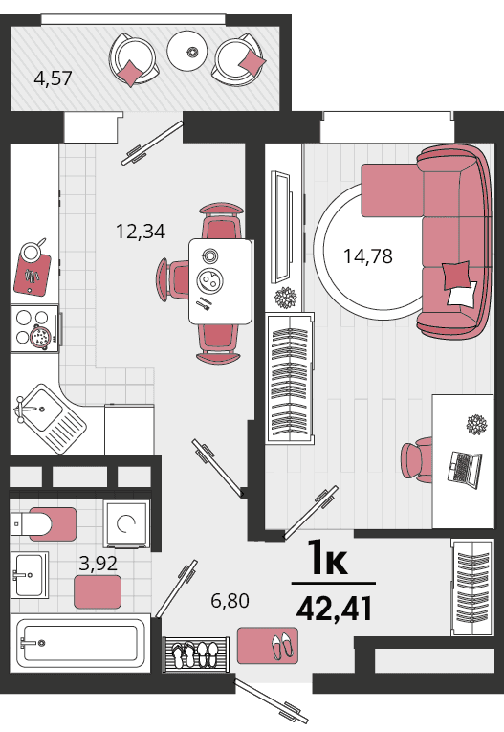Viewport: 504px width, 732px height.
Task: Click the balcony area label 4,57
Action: click(54, 78)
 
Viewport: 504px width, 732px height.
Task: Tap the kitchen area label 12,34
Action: click(140, 232)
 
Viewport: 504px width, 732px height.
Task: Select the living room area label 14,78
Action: click(368, 255)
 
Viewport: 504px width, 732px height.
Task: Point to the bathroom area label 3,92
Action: click(98, 564)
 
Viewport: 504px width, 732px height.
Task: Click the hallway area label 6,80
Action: click(230, 600)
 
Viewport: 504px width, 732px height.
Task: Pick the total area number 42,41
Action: click(335, 609)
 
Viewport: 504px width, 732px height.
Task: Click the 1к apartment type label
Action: click(328, 557)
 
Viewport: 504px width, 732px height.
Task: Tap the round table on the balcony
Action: click(187, 52)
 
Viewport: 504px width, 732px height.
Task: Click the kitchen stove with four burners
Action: click(35, 328)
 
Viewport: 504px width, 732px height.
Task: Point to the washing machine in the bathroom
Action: click(126, 523)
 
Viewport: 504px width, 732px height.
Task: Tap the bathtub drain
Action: click(41, 643)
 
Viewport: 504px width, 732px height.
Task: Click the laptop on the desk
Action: click(465, 469)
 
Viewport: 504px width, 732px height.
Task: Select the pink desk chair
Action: click(417, 460)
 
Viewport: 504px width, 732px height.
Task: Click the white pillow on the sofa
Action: click(462, 294)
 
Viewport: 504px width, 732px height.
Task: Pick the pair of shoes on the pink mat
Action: click(283, 646)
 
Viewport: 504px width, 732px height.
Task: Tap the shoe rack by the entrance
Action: click(196, 654)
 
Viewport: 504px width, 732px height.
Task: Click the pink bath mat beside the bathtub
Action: click(98, 592)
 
